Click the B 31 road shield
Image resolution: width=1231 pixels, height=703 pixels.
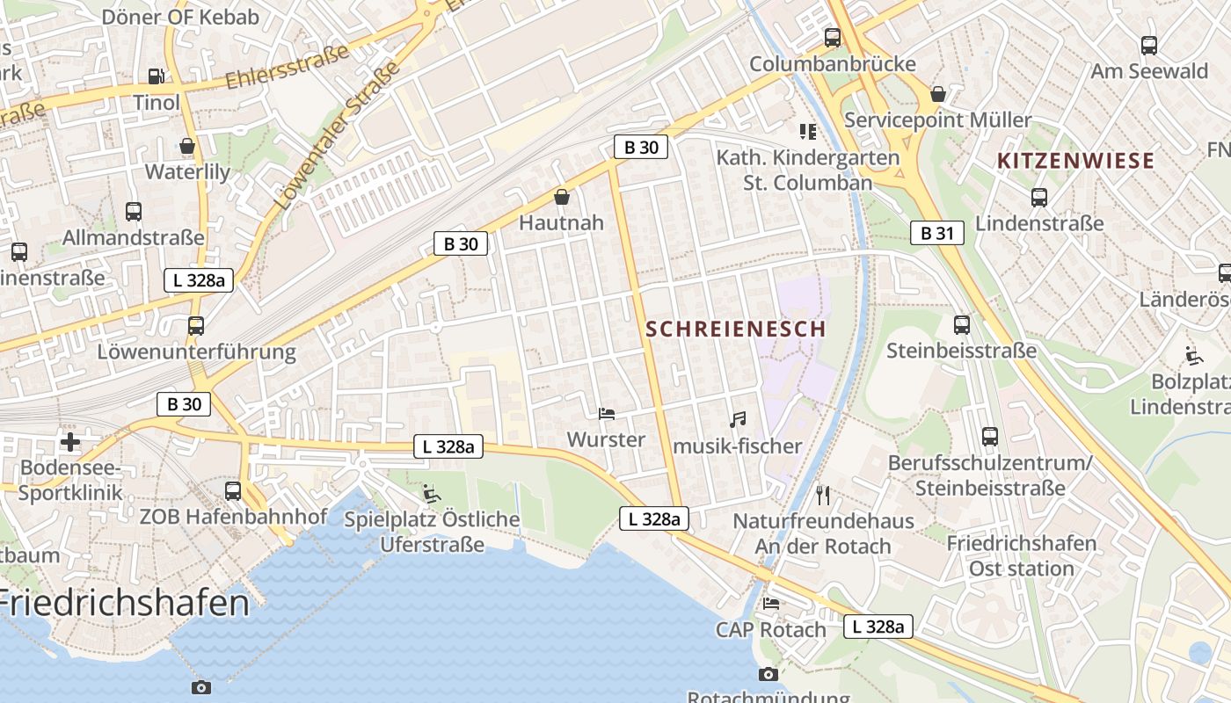coord(937,233)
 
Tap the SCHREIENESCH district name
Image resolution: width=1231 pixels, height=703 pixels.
coord(736,330)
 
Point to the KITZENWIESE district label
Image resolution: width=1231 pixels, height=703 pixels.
coord(1075,161)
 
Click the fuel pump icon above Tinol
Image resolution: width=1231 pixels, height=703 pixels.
coord(157,77)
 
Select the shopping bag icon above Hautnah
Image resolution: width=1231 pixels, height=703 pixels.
coord(562,197)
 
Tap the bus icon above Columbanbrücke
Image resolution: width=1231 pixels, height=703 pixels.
coord(833,38)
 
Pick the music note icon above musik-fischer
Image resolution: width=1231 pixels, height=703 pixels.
coord(738,420)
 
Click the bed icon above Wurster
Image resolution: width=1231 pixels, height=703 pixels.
coord(606,413)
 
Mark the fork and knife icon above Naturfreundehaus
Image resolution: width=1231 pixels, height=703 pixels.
coord(823,495)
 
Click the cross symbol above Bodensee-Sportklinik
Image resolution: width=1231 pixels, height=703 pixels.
coord(70,441)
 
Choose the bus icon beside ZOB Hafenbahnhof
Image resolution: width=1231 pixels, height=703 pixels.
coord(233,490)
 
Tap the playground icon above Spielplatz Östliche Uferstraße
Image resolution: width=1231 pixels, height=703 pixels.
coord(431,493)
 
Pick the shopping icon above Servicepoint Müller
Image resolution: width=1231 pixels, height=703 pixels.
coord(938,94)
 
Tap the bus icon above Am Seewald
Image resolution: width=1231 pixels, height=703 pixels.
coord(1149,46)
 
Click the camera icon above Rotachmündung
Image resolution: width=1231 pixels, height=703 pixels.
coord(768,674)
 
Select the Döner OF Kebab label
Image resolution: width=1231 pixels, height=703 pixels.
coord(181,17)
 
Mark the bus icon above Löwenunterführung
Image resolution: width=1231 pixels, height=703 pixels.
coord(196,326)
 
